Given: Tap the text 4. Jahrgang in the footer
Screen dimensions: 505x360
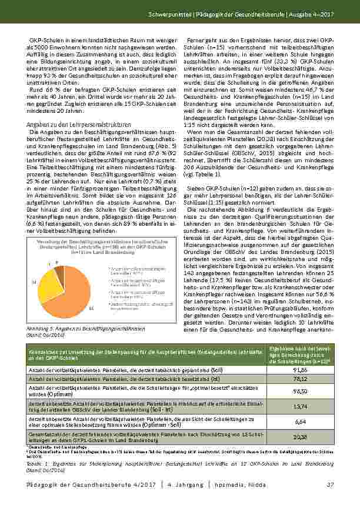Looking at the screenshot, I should tap(186, 484).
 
